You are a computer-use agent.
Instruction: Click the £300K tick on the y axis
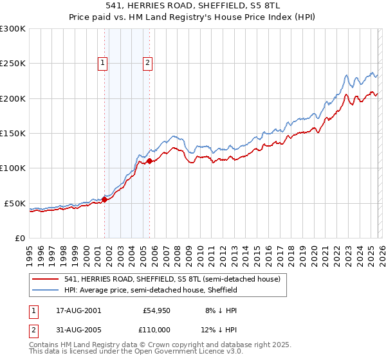(x=13, y=29)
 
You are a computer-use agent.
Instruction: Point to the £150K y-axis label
(x=13, y=133)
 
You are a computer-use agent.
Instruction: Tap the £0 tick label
(x=19, y=238)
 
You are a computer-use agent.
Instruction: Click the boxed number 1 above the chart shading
(x=103, y=62)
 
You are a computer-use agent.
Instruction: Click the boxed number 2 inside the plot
(x=148, y=62)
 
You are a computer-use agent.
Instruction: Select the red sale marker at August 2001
(x=104, y=199)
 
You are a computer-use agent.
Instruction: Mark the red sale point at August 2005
(x=150, y=161)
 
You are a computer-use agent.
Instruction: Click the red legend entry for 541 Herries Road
(x=172, y=280)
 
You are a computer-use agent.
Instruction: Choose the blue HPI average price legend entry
(x=151, y=290)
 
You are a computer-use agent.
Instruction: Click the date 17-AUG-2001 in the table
(x=78, y=310)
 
